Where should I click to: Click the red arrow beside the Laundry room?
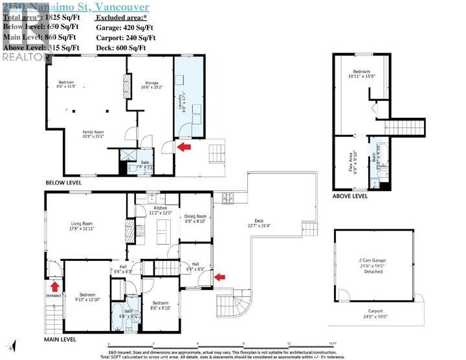185,148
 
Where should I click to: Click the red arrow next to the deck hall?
220,277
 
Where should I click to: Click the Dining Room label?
195,219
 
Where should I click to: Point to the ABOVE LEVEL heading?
350,196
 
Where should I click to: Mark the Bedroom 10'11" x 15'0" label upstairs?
361,74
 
